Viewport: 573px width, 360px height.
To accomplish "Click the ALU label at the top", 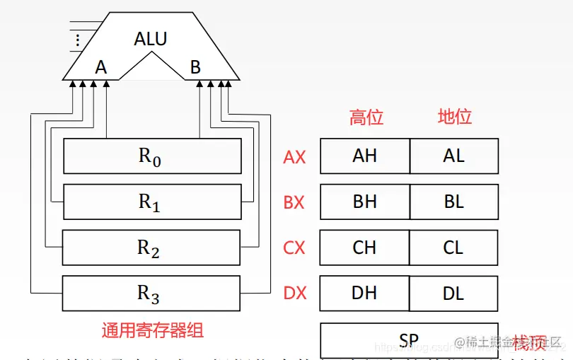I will (x=151, y=38).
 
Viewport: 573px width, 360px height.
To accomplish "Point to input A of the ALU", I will (x=101, y=67).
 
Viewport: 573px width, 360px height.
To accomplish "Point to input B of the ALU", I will (x=195, y=67).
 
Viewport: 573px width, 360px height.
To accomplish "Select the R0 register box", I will (x=152, y=156).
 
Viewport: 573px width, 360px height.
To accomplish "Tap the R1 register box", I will (x=152, y=202).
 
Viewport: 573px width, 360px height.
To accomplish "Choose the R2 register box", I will (x=151, y=248).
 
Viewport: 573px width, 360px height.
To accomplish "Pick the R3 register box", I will (x=151, y=293).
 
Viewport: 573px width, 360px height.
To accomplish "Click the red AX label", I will (x=294, y=157).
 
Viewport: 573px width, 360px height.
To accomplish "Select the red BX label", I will (x=294, y=202).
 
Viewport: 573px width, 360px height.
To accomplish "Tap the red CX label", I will (x=294, y=248).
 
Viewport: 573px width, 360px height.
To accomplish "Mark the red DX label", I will (x=295, y=293).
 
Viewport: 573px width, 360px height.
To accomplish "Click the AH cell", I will (x=365, y=156).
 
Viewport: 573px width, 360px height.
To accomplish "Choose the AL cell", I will (x=453, y=156).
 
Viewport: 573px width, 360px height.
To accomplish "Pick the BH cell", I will (x=365, y=202).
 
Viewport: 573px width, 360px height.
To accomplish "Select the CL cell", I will (x=453, y=248).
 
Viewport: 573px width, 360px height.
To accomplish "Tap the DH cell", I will (x=365, y=293).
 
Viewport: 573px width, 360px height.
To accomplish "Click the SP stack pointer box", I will (x=409, y=340).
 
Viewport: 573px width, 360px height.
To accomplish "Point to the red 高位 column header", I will (x=366, y=117).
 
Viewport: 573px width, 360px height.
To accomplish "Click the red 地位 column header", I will (x=454, y=117).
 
